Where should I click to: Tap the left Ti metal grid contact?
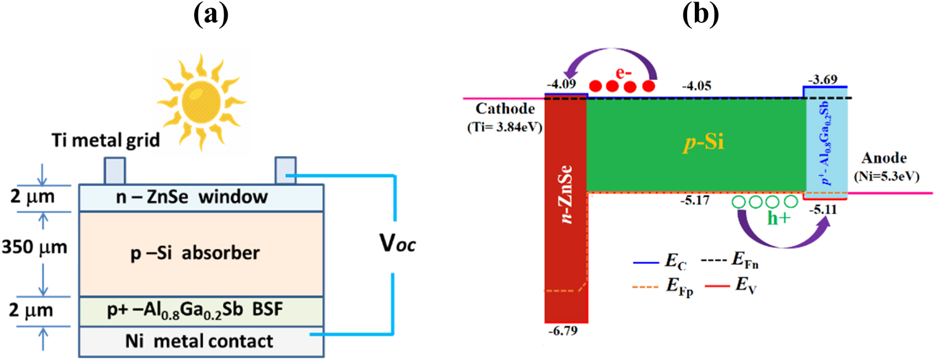click(115, 171)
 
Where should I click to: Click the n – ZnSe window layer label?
click(192, 197)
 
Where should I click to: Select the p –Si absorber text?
click(195, 253)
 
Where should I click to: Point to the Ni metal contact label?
click(199, 341)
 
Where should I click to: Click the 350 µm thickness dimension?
click(34, 247)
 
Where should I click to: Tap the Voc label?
click(397, 243)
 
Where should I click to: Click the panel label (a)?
click(211, 15)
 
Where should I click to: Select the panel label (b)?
click(700, 15)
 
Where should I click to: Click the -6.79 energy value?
click(563, 331)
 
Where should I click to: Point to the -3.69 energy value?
click(822, 79)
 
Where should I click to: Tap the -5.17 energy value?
click(695, 201)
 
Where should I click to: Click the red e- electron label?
click(624, 73)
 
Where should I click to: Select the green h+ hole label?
click(778, 218)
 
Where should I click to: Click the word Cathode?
click(505, 109)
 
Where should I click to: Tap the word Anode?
click(884, 158)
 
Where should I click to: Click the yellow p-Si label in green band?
click(703, 142)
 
